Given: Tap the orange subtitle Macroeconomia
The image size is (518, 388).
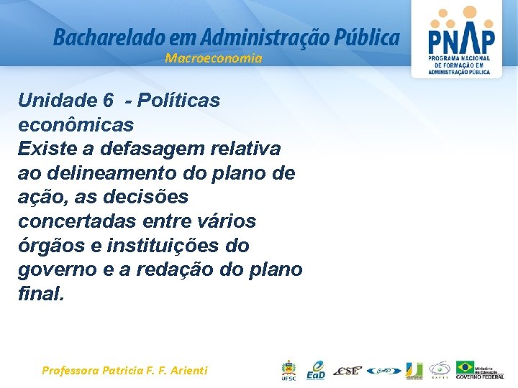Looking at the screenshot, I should [x=214, y=58].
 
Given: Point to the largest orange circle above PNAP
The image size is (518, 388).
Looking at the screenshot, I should [x=469, y=12].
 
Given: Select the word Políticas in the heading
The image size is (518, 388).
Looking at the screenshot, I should [x=181, y=101].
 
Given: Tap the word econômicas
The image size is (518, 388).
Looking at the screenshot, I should [x=76, y=125].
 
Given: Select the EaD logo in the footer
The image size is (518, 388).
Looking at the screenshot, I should [x=316, y=370].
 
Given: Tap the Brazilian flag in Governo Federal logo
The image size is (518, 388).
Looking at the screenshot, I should [x=465, y=366].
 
